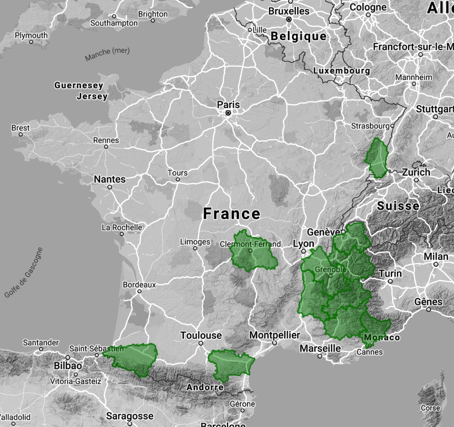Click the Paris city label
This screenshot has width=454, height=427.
coord(229,104)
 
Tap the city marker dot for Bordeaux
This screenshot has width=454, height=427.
coord(140,291)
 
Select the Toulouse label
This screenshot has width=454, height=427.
coord(201,336)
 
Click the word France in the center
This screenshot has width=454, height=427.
coord(232,213)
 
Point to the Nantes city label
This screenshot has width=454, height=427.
coord(110,179)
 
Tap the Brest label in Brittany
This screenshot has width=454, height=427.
coord(21,128)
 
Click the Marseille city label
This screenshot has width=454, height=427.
coord(320,348)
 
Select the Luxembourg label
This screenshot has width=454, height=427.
coord(342,70)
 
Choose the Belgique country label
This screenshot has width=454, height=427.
coord(298,36)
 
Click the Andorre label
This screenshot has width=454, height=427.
coord(205,387)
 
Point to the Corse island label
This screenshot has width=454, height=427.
coord(430,408)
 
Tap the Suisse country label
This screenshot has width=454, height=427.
coord(398,206)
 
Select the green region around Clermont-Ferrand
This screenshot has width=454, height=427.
coord(251,252)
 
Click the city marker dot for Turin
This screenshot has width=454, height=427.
coord(390,281)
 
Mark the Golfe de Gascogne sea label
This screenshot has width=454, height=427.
coord(23,273)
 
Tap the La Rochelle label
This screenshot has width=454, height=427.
coord(122,227)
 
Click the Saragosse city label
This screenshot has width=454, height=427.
coord(130,416)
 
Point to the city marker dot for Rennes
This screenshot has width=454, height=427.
coord(106,146)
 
